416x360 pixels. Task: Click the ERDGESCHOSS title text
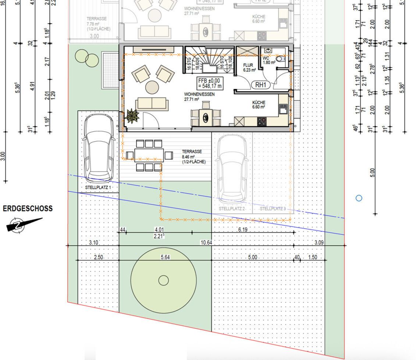[28, 208]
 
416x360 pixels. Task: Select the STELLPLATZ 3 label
[273, 208]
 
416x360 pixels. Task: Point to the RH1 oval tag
[260, 85]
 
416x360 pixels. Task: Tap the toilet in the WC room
[281, 59]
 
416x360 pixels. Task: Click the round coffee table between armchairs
[152, 87]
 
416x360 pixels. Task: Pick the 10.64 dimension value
[206, 242]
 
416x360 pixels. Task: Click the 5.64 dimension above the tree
[166, 257]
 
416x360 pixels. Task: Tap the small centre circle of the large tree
[163, 281]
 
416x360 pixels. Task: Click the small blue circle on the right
[359, 198]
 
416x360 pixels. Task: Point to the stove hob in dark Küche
[262, 121]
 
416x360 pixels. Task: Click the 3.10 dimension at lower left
[94, 242]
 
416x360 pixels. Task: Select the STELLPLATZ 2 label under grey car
[232, 208]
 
